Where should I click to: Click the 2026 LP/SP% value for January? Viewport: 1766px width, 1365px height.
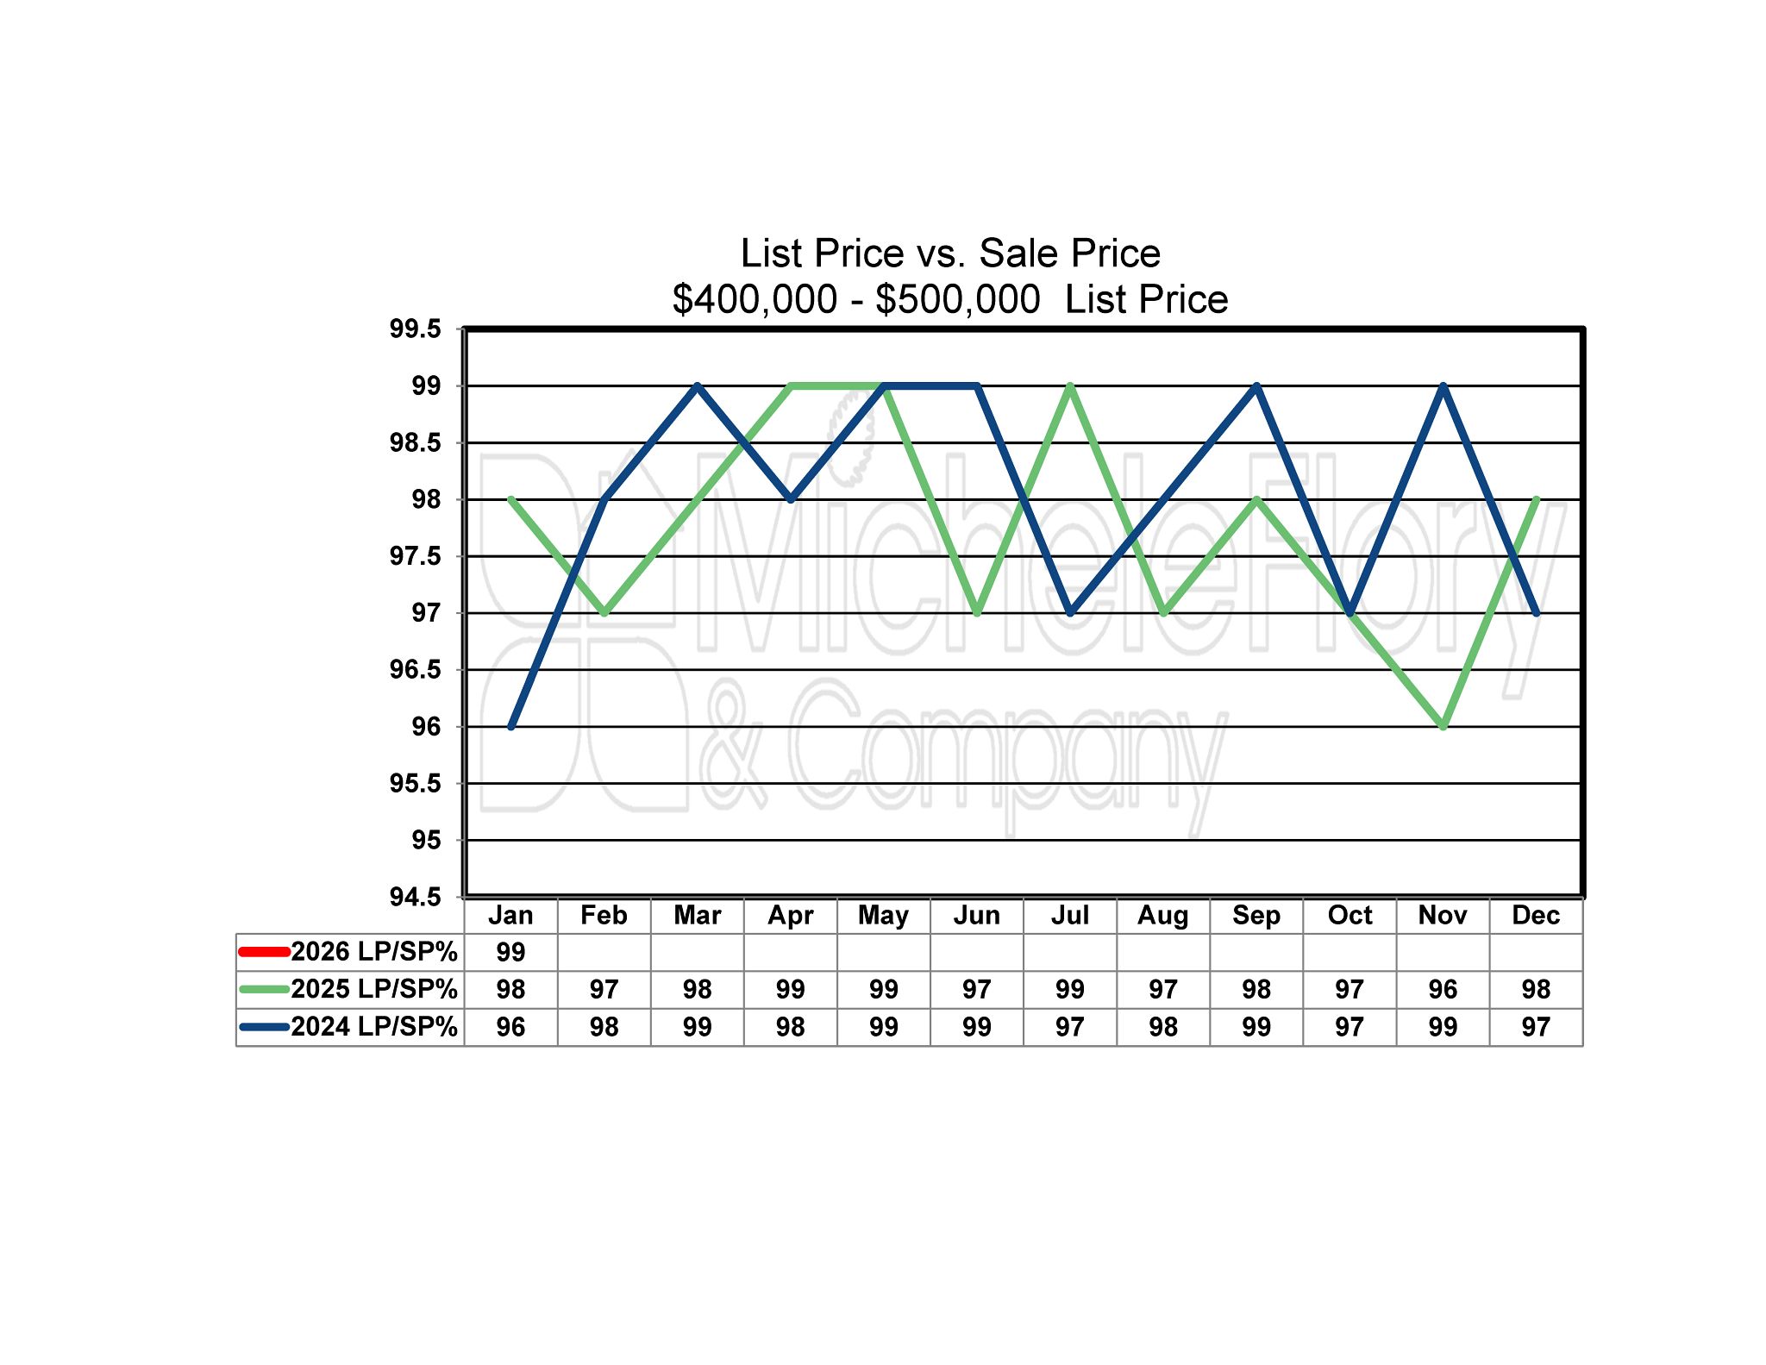[x=510, y=952]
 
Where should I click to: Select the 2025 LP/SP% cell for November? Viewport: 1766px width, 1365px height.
[x=1443, y=989]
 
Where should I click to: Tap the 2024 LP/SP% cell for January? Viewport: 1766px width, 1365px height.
[x=510, y=1027]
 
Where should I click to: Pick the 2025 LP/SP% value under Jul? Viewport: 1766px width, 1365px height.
[x=1069, y=989]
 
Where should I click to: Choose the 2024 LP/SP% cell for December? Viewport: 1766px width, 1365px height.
[x=1536, y=1027]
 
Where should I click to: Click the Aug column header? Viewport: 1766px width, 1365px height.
[x=1162, y=915]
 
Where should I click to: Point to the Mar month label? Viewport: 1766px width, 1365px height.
[x=697, y=915]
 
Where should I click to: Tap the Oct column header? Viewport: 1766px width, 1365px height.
[x=1350, y=915]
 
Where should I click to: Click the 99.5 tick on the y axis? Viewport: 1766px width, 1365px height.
[x=415, y=329]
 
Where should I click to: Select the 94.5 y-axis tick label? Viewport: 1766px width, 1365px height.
[x=415, y=897]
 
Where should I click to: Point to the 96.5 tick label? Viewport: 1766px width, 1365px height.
[x=415, y=670]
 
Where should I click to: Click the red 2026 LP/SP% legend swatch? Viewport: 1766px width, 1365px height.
[x=263, y=952]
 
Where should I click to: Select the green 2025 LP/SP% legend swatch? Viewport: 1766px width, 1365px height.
[x=263, y=989]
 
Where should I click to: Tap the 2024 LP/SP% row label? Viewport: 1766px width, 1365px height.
[x=373, y=1027]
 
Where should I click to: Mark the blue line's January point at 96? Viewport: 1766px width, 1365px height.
[x=511, y=727]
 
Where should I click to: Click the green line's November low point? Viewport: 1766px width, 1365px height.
[x=1443, y=727]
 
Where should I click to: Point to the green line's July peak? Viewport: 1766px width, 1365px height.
[x=1070, y=386]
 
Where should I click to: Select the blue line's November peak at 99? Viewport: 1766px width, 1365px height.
[x=1443, y=386]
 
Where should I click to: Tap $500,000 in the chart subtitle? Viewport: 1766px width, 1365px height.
[x=957, y=299]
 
